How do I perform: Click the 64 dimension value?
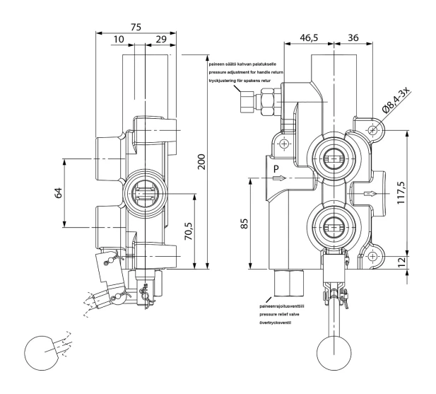click(59, 192)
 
